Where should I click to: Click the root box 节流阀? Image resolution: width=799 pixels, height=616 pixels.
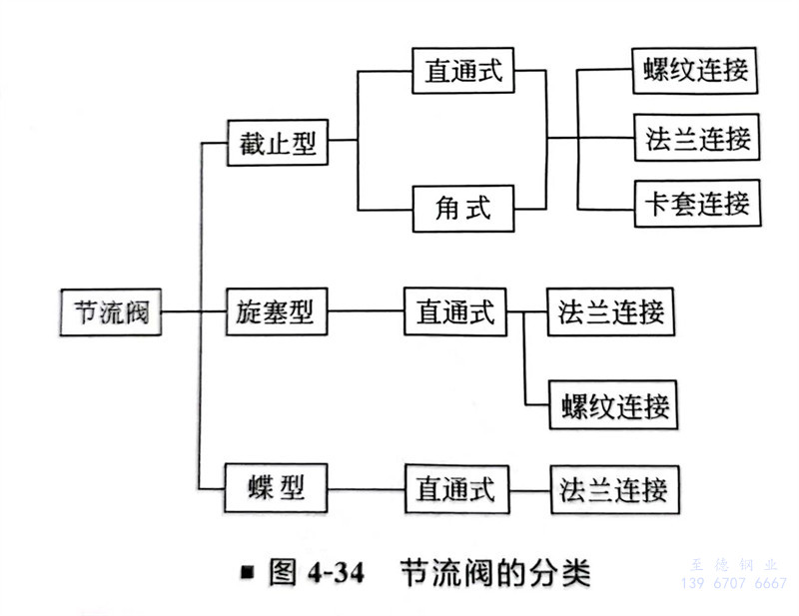pos(109,312)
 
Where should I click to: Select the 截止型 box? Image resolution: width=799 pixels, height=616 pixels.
pos(273,142)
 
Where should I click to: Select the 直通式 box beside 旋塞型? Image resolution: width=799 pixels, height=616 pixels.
pos(454,312)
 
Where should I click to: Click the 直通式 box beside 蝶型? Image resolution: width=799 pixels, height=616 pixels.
pos(455,489)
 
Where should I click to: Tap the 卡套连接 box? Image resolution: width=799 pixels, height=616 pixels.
pos(697,204)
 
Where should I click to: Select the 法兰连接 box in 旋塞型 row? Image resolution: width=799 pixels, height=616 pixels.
pos(611,312)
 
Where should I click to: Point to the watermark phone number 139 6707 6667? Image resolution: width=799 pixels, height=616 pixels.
pos(733,584)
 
